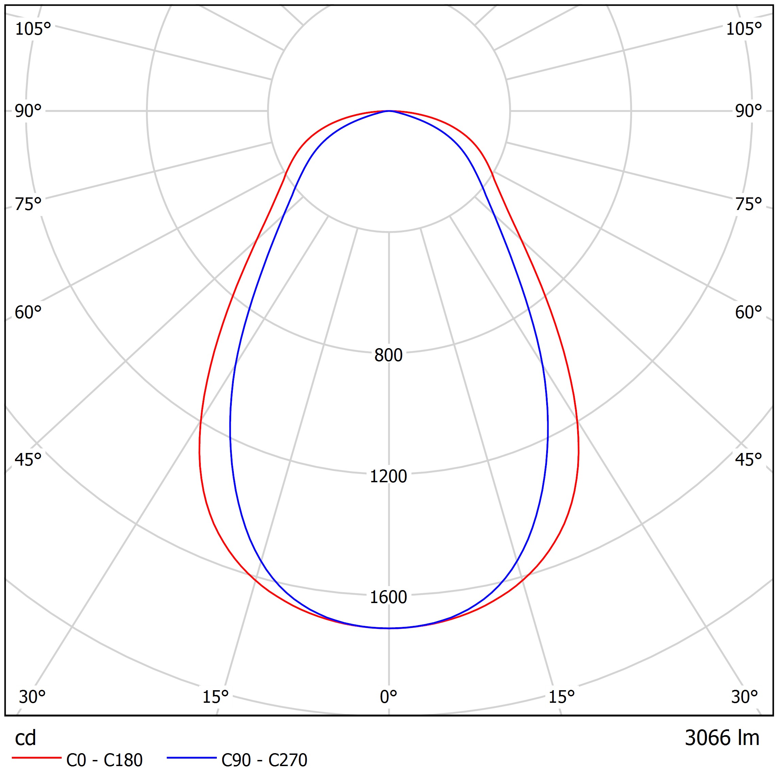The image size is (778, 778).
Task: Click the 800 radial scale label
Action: coord(388,355)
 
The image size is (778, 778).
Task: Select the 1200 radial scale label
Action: coord(388,476)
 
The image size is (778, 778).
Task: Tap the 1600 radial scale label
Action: coord(388,597)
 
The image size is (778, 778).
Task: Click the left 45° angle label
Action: coord(28,459)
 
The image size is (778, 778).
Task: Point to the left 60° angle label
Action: coord(28,312)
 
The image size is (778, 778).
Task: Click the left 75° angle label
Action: coord(28,204)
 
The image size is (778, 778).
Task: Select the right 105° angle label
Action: coord(744,29)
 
